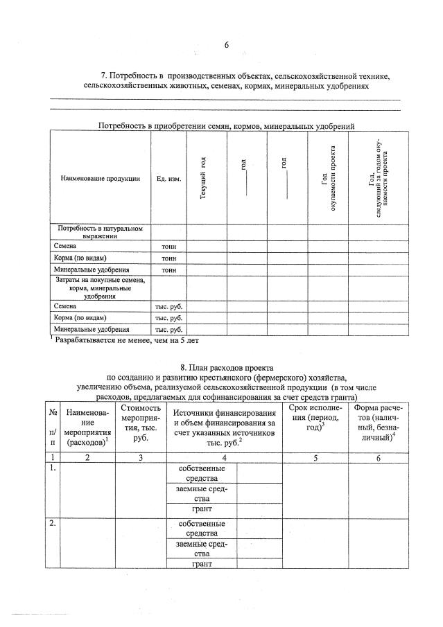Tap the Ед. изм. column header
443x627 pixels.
pyautogui.click(x=168, y=178)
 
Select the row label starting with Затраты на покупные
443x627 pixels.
pyautogui.click(x=100, y=288)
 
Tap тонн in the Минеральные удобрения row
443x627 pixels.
pyautogui.click(x=168, y=269)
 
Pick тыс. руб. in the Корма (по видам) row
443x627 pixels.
pyautogui.click(x=168, y=317)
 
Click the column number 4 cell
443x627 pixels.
pyautogui.click(x=224, y=458)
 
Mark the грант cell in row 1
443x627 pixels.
pyautogui.click(x=202, y=509)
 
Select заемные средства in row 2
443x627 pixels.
pyautogui.click(x=202, y=549)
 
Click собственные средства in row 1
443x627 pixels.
pyautogui.click(x=202, y=474)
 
